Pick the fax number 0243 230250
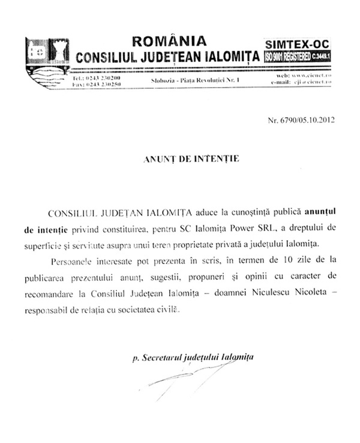(x=104, y=85)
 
